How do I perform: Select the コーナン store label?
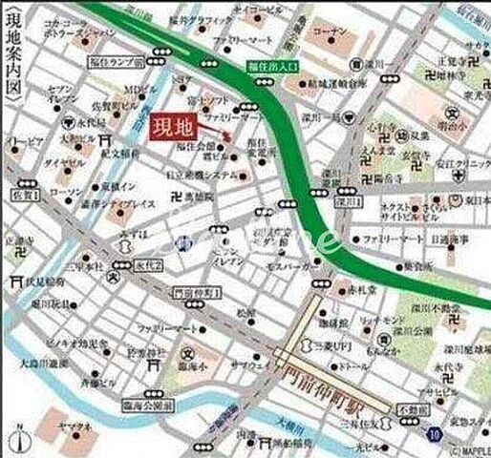pos(331,31)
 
